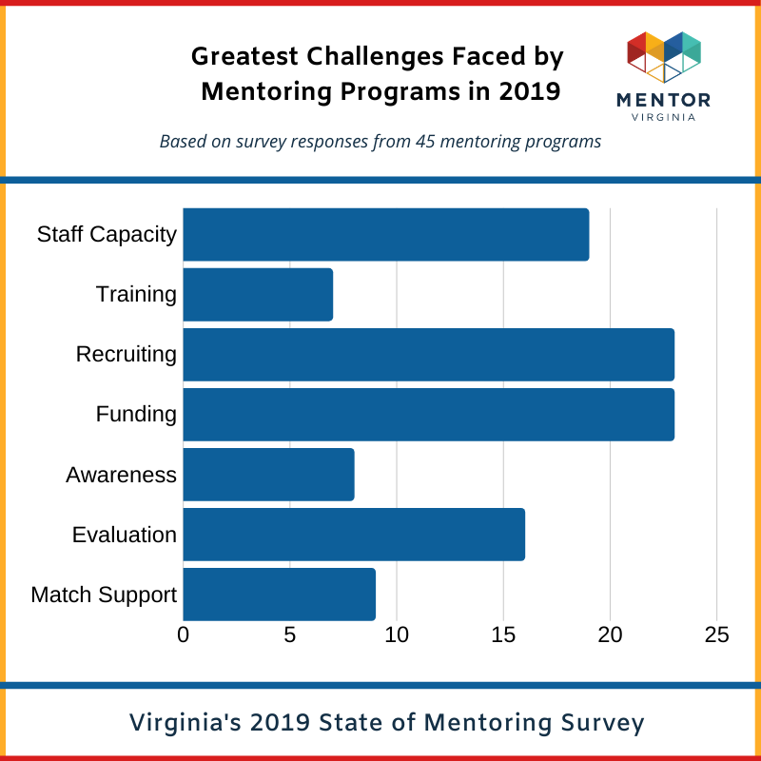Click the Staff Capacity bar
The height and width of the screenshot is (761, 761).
point(385,234)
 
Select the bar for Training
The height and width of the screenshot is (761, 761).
point(258,294)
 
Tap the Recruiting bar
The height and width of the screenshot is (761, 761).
point(428,354)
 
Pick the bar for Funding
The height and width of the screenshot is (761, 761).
point(428,414)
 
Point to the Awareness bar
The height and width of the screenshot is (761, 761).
point(268,474)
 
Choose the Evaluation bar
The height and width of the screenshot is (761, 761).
point(354,534)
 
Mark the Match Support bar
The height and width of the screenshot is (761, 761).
point(279,594)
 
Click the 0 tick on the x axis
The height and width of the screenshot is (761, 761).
point(184,634)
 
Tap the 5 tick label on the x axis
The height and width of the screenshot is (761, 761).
point(290,634)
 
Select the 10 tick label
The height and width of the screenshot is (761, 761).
point(397,634)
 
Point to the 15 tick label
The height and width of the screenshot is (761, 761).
point(503,634)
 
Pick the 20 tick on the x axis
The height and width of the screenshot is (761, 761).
point(610,634)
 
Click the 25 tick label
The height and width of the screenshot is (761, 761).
point(716,634)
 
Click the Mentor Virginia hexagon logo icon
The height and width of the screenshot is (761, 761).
point(664,57)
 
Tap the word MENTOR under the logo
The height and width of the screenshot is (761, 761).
point(664,99)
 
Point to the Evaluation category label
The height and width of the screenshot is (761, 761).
point(125,535)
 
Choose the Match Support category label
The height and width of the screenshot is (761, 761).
point(104,595)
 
